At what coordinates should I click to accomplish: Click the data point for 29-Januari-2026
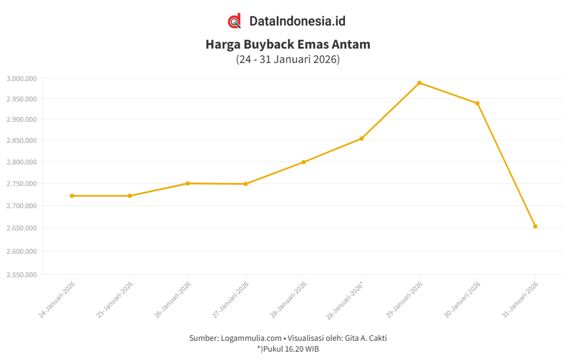coord(419,83)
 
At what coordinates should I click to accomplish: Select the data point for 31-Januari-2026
coord(535,226)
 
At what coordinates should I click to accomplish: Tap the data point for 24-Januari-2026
coord(72,196)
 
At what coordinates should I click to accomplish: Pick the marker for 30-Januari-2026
coord(478,103)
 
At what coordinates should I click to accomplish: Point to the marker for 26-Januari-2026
coord(188,184)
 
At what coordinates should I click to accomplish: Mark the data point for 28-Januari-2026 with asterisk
coord(361,139)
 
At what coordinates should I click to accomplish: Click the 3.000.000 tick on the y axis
coord(22,79)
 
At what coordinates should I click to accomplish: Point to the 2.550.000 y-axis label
coord(22,275)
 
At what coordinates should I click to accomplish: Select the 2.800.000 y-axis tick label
coord(22,162)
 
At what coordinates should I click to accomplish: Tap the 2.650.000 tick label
coord(22,229)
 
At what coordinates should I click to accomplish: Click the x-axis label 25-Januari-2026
coord(115,299)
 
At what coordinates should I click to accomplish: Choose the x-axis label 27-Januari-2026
coord(230,299)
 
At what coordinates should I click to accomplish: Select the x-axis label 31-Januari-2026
coord(520,299)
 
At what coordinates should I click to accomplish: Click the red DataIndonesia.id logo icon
coord(235,21)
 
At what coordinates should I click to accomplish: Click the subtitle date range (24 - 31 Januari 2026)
coord(288,59)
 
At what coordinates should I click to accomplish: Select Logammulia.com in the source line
coord(251,338)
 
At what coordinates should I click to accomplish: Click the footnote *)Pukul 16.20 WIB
coord(288,349)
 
